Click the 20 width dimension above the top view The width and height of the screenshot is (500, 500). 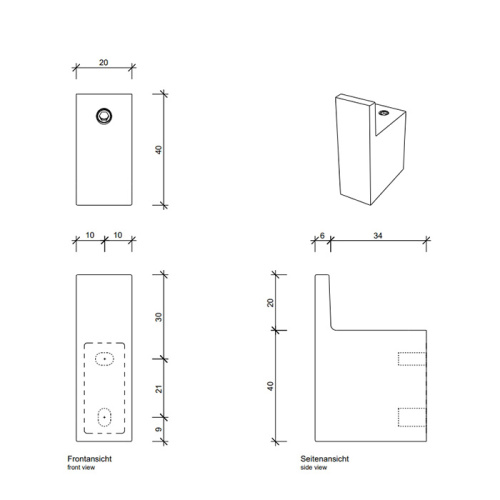pyautogui.click(x=104, y=62)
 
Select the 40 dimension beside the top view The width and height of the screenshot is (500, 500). pyautogui.click(x=159, y=149)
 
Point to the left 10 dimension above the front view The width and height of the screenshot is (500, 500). pyautogui.click(x=90, y=234)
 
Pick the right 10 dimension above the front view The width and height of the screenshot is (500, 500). pyautogui.click(x=118, y=234)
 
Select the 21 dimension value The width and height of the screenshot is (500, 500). pyautogui.click(x=159, y=388)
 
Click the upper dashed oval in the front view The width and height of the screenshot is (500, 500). pyautogui.click(x=104, y=358)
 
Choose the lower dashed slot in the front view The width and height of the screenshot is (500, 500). pyautogui.click(x=104, y=416)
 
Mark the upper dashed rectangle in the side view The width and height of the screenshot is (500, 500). pyautogui.click(x=412, y=359)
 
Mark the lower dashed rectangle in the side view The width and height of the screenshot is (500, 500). pyautogui.click(x=412, y=416)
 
